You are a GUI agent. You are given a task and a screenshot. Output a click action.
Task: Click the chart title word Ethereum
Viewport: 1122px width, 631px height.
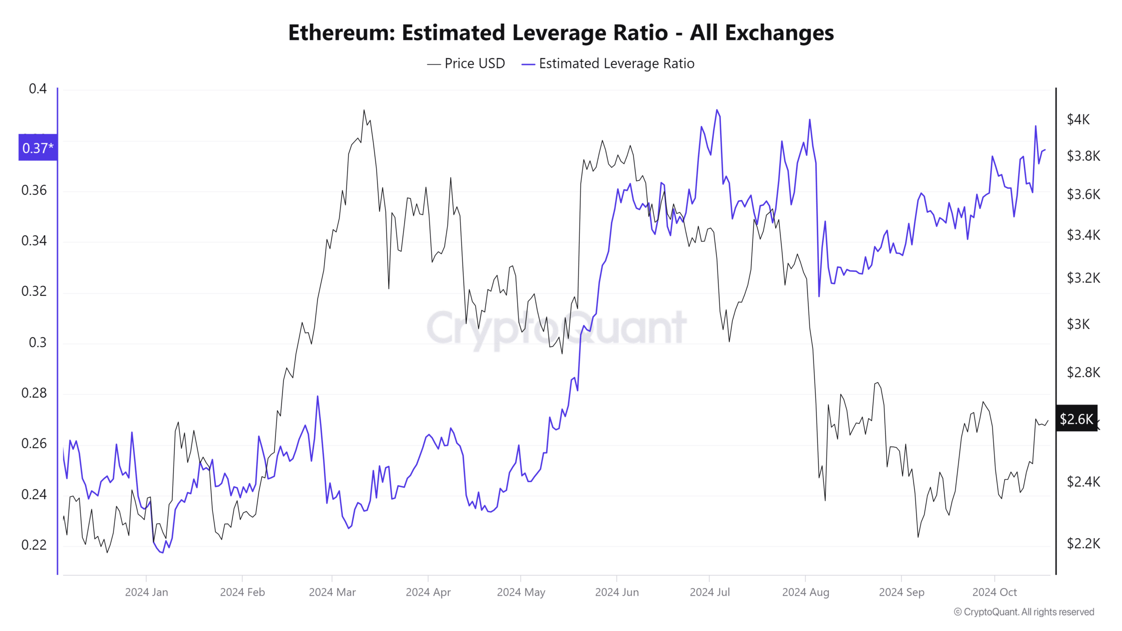342,33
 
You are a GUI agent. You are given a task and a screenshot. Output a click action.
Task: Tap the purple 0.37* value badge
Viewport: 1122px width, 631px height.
38,148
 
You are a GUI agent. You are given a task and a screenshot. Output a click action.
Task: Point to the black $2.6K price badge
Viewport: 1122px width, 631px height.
1076,419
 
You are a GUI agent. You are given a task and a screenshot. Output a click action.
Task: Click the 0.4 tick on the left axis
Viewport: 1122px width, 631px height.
38,89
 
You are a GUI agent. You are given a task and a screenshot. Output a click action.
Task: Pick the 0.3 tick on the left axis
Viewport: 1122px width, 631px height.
38,342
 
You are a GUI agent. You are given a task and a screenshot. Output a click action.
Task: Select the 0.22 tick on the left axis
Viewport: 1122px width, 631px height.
34,545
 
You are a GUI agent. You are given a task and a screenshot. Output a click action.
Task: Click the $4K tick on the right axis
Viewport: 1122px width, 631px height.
1078,119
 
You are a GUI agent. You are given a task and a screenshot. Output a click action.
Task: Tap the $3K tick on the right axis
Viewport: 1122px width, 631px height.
1078,324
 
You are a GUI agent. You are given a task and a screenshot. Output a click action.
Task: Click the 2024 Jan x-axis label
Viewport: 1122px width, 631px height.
146,592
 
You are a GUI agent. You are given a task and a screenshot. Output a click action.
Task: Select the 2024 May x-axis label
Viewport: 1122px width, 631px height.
521,592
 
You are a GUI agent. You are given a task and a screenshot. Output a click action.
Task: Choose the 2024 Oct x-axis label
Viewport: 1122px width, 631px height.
994,592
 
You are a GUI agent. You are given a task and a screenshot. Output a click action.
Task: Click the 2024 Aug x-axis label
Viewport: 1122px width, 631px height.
806,592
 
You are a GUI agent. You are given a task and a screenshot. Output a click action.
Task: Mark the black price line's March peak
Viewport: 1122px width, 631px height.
364,110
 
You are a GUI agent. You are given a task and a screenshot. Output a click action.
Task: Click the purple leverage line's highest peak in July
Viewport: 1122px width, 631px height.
717,110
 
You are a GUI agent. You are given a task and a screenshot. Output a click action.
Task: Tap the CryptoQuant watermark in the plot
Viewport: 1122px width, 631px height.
557,328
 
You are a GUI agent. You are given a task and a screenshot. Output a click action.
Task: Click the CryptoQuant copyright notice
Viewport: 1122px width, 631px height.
1024,612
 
